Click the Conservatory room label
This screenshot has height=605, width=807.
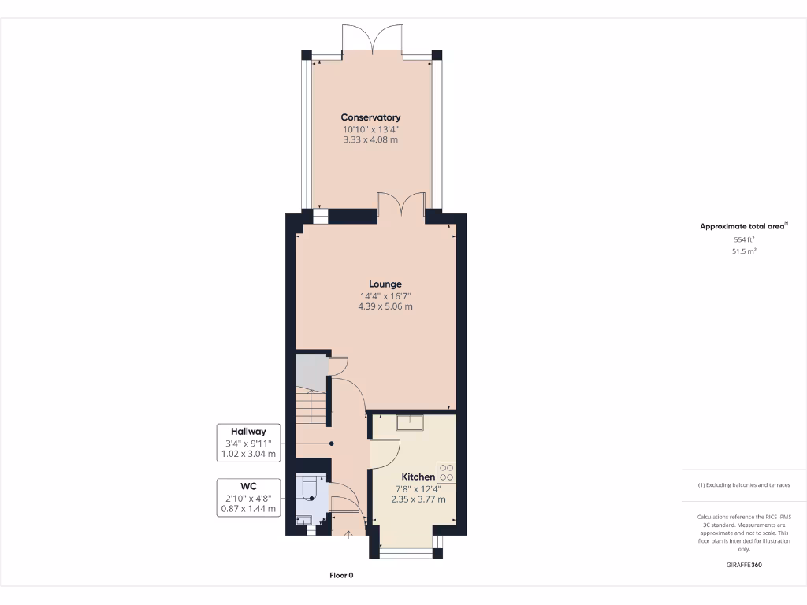[x=370, y=117]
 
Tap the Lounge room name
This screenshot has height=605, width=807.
[x=385, y=284]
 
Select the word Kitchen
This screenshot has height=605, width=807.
[x=418, y=477]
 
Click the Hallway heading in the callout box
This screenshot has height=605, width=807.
[x=248, y=432]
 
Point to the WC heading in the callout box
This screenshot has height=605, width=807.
[x=248, y=485]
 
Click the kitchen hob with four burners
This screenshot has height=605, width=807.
[x=446, y=472]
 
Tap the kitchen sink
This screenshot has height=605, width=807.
[x=410, y=423]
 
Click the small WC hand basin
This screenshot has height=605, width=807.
[x=303, y=520]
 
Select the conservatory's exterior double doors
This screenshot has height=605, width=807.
[x=373, y=39]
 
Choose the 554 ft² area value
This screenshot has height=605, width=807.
[x=744, y=239]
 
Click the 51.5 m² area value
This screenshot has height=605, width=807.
[x=744, y=251]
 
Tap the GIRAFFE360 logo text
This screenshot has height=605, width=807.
[x=744, y=565]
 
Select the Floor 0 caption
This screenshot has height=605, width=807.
[x=341, y=576]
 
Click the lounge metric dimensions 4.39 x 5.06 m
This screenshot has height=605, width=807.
[x=385, y=306]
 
